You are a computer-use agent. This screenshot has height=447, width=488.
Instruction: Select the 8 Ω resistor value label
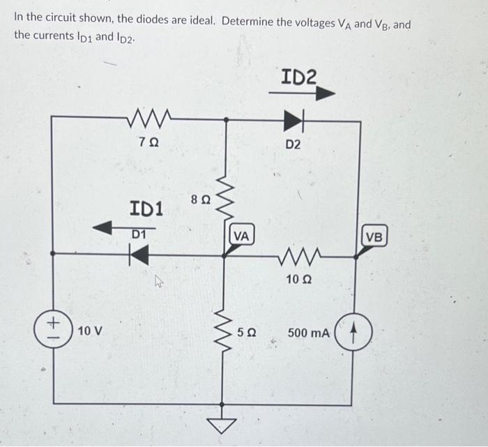click(200, 199)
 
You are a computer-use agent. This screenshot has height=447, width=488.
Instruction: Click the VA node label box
click(241, 236)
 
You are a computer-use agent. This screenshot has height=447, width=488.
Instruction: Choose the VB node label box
click(374, 236)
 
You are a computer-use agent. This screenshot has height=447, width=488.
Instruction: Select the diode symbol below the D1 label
click(139, 255)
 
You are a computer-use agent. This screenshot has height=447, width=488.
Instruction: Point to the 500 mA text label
click(308, 333)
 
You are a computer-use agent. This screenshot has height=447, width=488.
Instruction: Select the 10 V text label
click(90, 330)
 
